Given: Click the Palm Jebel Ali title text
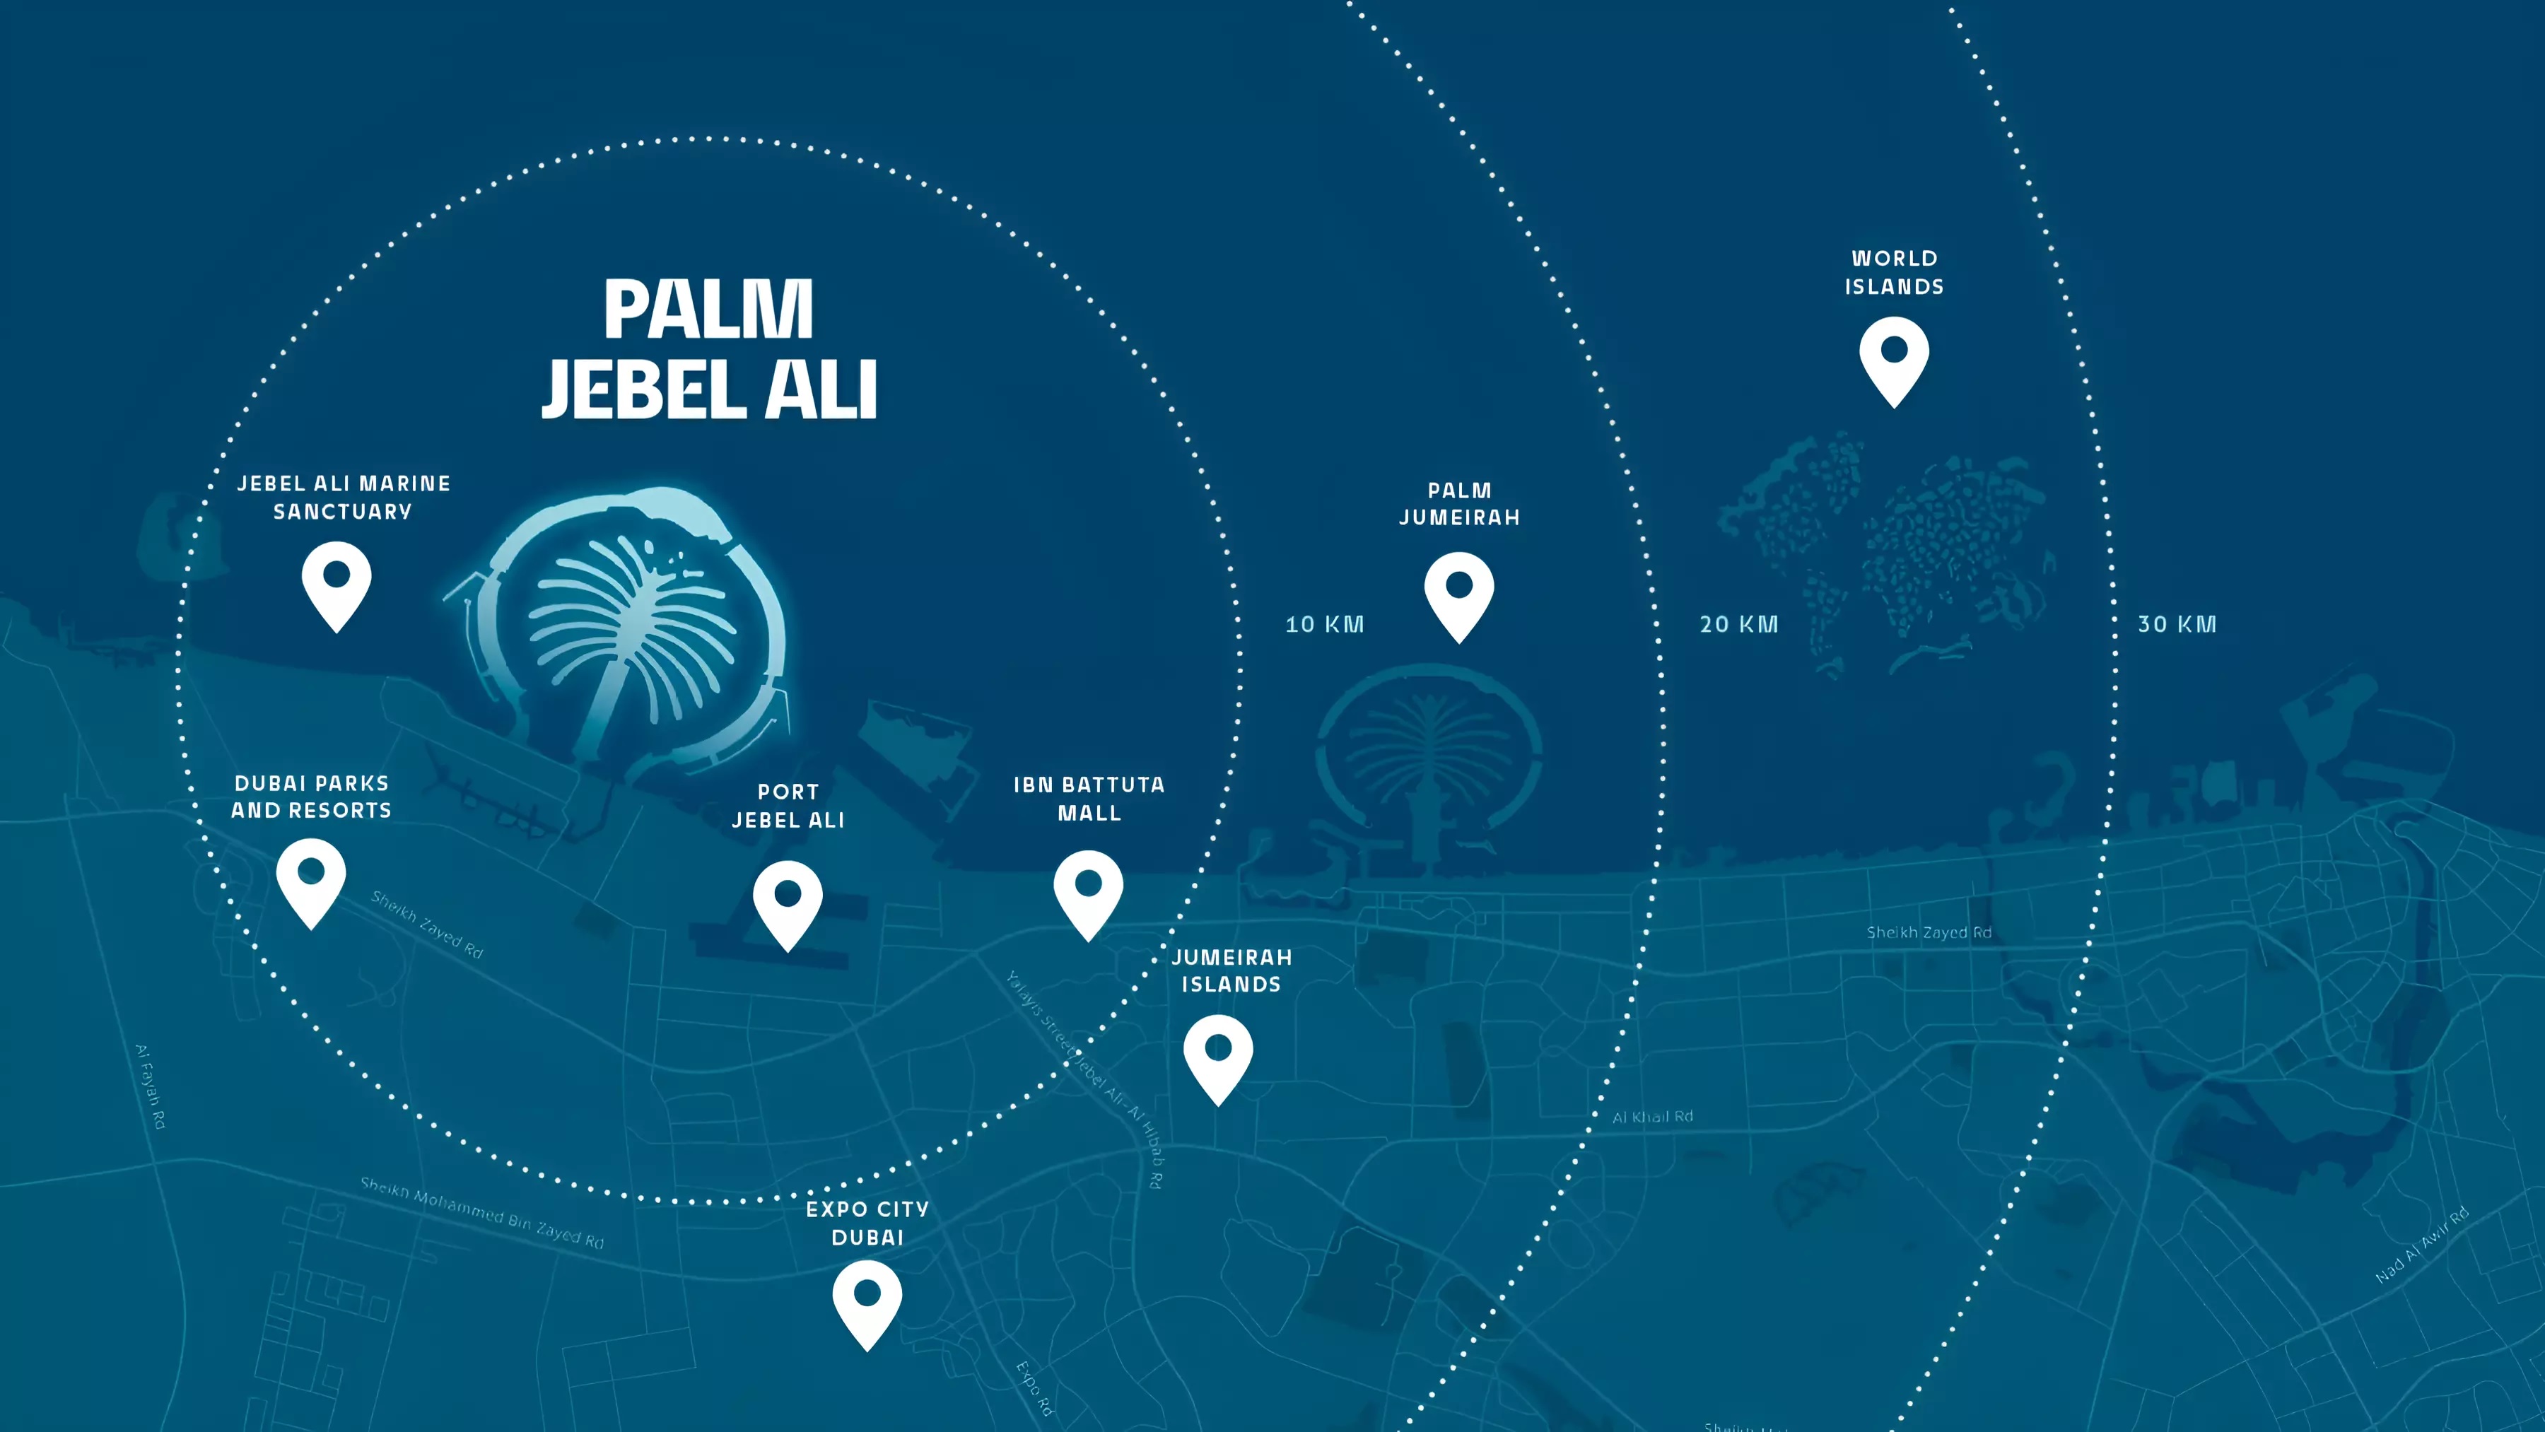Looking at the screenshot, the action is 709,348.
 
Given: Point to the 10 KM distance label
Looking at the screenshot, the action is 1324,624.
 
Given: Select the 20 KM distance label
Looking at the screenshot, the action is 1739,624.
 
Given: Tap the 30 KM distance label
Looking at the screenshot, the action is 2177,624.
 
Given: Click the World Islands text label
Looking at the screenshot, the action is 1894,273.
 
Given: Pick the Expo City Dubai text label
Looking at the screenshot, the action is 867,1223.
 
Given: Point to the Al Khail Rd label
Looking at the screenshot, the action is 1652,1117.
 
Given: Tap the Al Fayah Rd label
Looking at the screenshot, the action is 150,1086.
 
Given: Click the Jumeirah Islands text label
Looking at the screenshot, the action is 1231,970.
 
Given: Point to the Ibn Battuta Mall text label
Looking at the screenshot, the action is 1089,799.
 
